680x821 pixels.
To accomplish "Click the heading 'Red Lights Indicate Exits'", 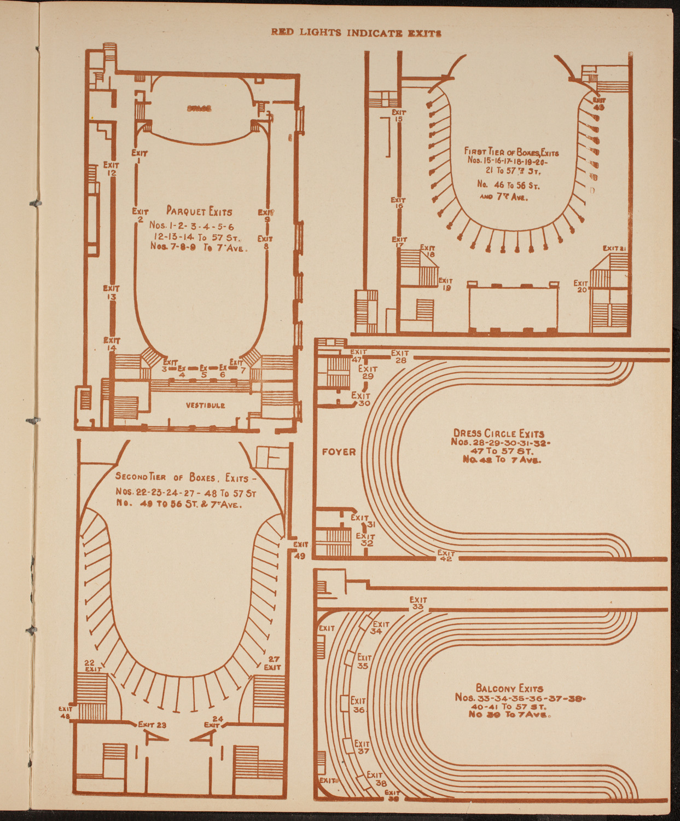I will click(x=356, y=33).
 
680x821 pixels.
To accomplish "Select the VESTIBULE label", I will click(x=205, y=406).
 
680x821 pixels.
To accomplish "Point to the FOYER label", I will click(x=339, y=452).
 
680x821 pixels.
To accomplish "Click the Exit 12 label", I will click(x=111, y=169).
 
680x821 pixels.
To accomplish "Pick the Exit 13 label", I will click(x=111, y=292).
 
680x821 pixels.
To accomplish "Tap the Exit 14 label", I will click(x=112, y=344).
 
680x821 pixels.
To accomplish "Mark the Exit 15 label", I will click(x=399, y=115).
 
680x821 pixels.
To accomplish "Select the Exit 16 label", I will click(x=398, y=204).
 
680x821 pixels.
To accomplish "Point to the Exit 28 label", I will click(x=400, y=357).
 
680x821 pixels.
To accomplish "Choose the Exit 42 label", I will click(x=446, y=556).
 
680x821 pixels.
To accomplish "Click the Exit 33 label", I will click(x=418, y=603).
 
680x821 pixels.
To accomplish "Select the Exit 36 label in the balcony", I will click(x=358, y=705).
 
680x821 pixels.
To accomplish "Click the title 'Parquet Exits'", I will click(x=199, y=211).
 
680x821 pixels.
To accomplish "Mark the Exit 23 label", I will click(x=152, y=725).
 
